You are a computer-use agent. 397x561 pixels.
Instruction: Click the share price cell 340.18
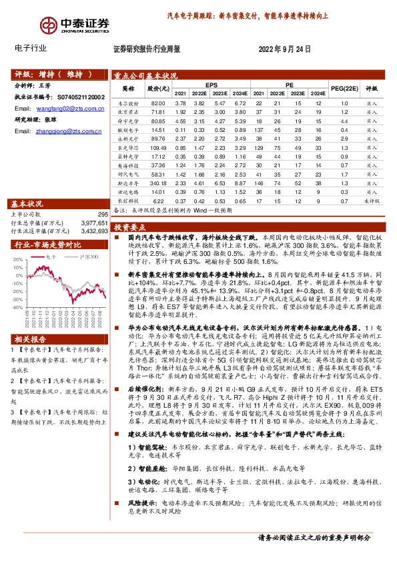click(x=157, y=181)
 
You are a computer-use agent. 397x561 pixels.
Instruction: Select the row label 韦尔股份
click(x=127, y=104)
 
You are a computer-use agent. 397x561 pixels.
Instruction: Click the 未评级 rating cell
click(x=372, y=200)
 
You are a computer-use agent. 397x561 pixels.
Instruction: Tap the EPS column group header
click(x=212, y=85)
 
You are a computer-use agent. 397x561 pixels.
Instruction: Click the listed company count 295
click(x=103, y=215)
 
